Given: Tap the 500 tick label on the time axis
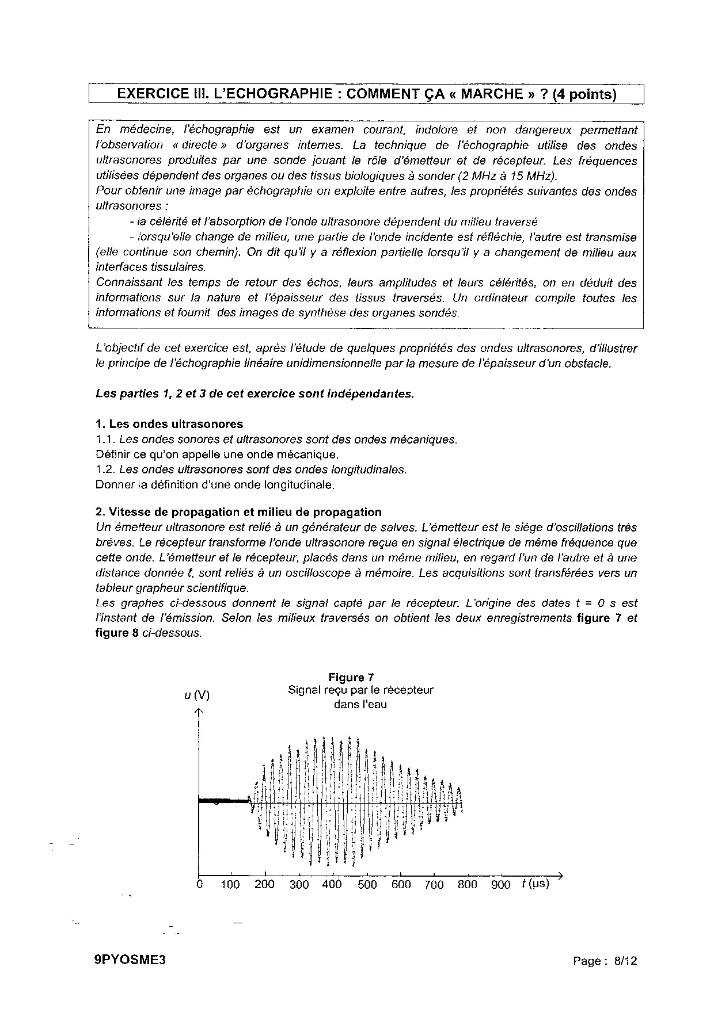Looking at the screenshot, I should (367, 885).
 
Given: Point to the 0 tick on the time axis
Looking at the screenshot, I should (199, 885).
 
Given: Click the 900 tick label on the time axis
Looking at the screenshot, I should (500, 885).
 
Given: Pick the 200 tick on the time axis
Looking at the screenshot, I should (264, 885).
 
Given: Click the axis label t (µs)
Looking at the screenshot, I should (535, 884).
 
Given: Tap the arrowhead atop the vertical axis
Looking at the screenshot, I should (199, 712).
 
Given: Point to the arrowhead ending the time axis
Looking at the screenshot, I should (558, 876).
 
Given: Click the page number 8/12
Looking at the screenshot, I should (626, 961).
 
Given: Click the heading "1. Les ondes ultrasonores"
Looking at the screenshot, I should (169, 425).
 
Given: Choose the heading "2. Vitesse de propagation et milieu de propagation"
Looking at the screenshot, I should (238, 512).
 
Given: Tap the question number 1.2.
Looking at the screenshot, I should (105, 469).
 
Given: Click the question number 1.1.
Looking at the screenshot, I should (105, 439).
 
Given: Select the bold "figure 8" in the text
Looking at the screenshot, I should (112, 633).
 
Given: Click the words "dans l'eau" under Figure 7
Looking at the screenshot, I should (360, 705).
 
